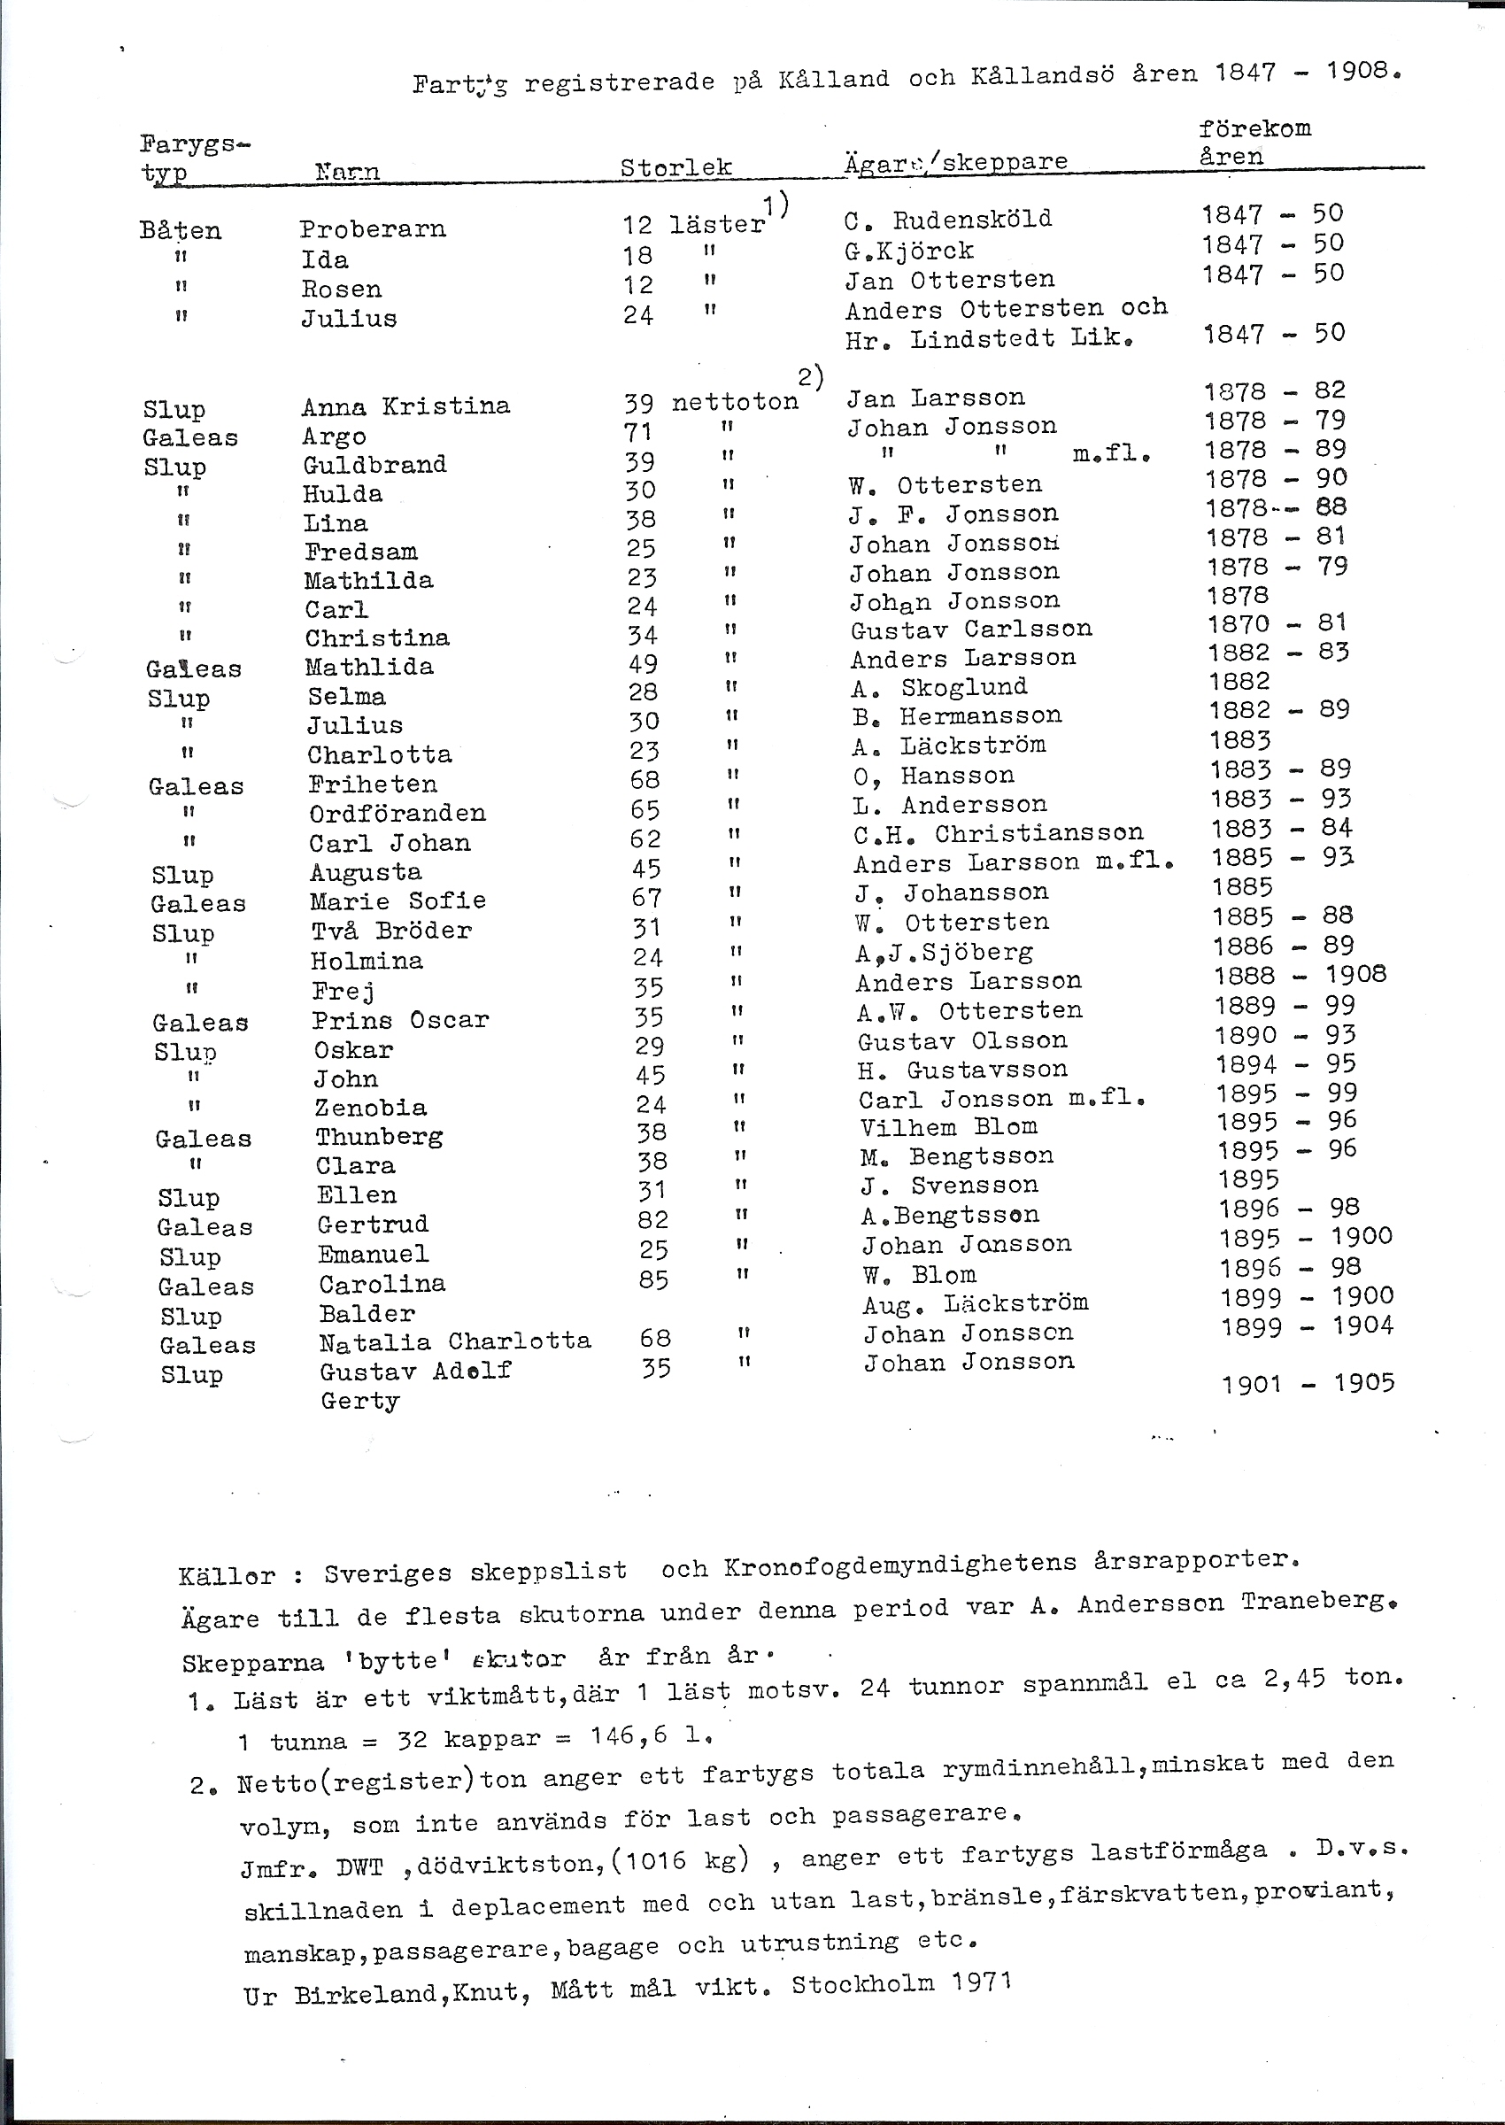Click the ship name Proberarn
[373, 229]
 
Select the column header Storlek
[675, 167]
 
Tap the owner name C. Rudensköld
[948, 220]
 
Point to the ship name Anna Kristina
[405, 406]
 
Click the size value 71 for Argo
[637, 432]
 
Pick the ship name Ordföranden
[397, 813]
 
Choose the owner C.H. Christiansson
[998, 834]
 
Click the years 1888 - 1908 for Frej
[1300, 975]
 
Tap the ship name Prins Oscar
[399, 1020]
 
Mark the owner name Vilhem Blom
[948, 1127]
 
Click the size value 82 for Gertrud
[652, 1219]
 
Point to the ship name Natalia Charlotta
[454, 1342]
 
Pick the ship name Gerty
[359, 1401]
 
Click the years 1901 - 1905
[1308, 1384]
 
